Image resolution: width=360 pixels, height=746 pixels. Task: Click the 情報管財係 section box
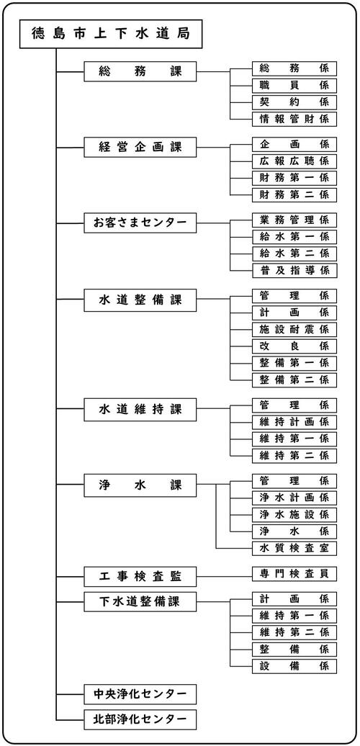click(x=294, y=119)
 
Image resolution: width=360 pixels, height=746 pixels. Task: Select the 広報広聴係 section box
click(x=294, y=161)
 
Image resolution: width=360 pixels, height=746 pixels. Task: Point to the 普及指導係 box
click(x=294, y=270)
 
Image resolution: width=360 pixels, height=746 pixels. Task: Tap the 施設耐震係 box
click(x=294, y=329)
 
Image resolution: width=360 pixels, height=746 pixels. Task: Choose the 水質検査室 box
click(x=294, y=549)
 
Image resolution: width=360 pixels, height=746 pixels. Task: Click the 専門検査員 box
click(x=294, y=573)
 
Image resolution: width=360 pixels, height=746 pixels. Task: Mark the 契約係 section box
click(x=294, y=102)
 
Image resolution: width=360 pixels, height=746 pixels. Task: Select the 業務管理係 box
click(x=294, y=220)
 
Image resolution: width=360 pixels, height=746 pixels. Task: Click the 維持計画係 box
click(x=294, y=422)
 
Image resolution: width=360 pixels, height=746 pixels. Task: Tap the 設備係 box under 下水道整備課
click(x=294, y=665)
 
